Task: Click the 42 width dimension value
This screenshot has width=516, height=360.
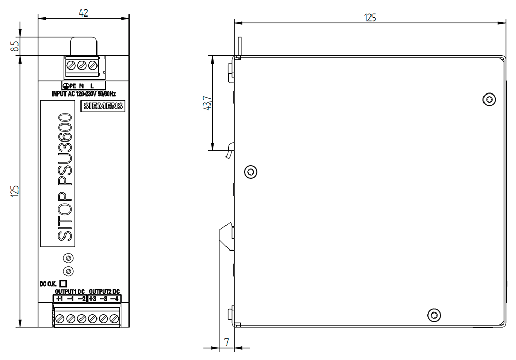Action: (x=84, y=12)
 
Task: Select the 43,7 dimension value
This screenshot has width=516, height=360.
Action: (x=207, y=103)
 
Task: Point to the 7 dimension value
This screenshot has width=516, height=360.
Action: (x=227, y=342)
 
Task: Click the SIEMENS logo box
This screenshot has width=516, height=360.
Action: (x=103, y=106)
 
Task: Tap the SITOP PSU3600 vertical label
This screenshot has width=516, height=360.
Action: (x=65, y=177)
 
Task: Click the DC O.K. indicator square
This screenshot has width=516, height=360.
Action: (x=63, y=284)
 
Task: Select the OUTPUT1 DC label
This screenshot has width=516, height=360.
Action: (x=70, y=292)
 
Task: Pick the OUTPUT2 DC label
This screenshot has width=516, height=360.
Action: (x=104, y=292)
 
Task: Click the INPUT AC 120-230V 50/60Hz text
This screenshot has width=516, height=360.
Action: (x=84, y=94)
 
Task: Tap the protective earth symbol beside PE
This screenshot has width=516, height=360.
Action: (x=66, y=86)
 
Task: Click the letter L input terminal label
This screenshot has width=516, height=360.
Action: (x=92, y=86)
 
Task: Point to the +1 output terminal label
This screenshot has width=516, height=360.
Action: (x=59, y=299)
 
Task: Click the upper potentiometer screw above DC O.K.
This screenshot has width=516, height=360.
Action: (x=69, y=258)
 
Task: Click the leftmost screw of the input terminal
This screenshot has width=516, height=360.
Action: (x=71, y=65)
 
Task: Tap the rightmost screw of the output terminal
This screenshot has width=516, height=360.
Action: (x=114, y=319)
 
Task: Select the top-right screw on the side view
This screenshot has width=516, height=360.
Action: (x=489, y=100)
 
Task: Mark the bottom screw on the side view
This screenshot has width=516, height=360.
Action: (x=434, y=315)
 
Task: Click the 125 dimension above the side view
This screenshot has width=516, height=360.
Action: (x=370, y=18)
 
